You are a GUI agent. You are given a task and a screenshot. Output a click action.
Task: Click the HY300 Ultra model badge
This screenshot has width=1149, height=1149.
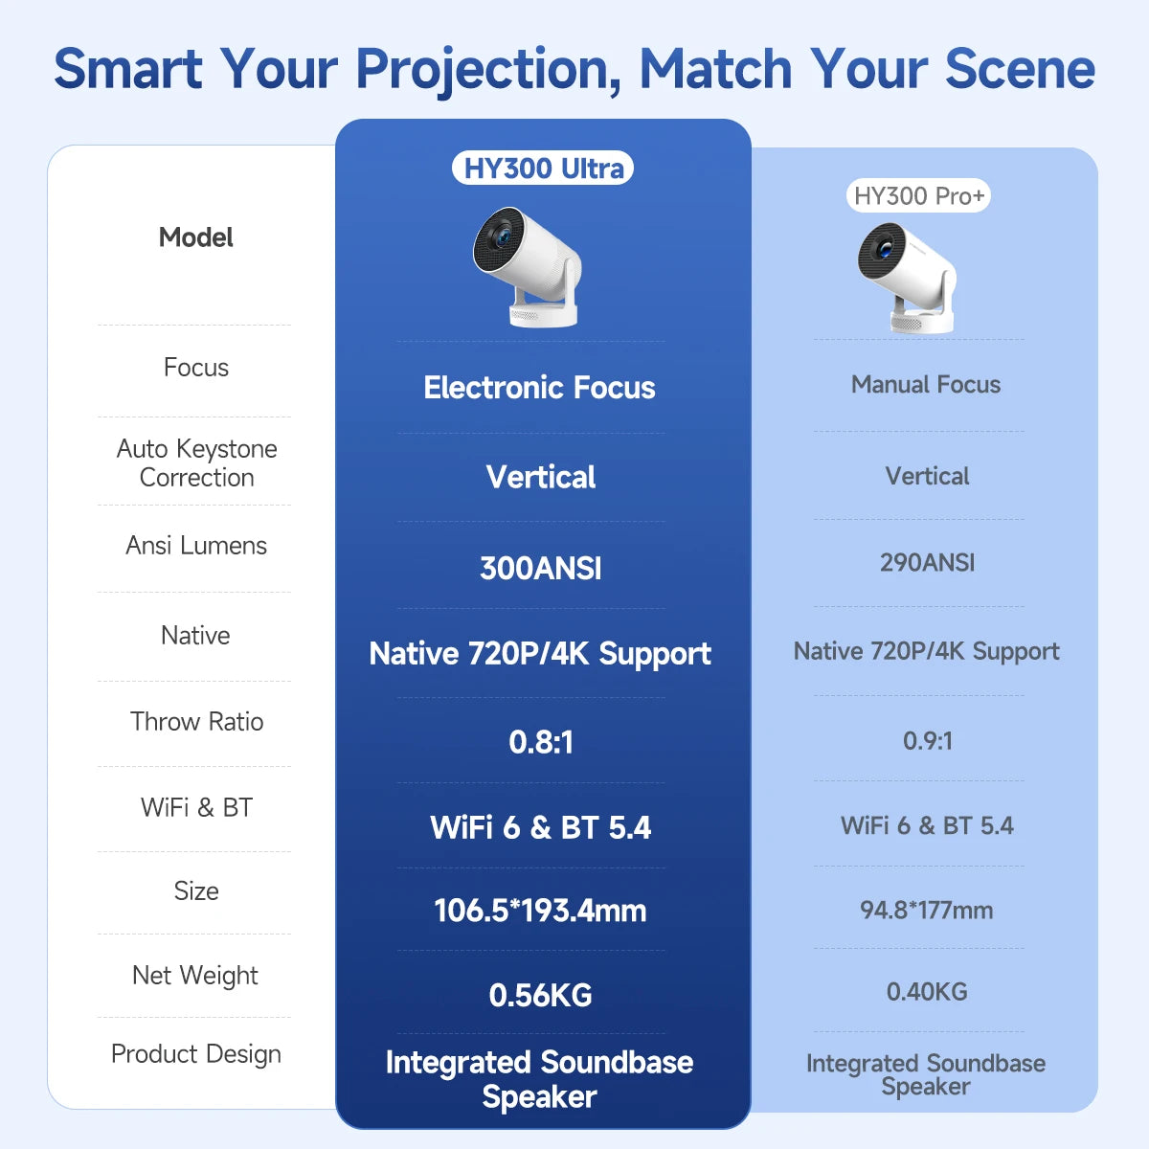543,169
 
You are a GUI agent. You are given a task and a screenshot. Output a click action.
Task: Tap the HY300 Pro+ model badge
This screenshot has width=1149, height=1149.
918,196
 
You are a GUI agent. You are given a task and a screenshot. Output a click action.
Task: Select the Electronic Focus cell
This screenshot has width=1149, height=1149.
539,388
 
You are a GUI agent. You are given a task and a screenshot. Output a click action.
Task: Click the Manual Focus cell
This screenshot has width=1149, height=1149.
926,385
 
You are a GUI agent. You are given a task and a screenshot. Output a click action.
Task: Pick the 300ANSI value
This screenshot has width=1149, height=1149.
541,568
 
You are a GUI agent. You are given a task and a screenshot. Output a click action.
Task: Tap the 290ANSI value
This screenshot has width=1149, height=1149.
927,562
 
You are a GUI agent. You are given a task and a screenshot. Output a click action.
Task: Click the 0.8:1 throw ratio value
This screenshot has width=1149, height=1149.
541,742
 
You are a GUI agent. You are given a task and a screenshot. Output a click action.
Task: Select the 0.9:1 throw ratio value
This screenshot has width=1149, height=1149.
927,740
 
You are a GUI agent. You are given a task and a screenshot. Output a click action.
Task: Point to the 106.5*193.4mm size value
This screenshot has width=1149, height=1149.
540,910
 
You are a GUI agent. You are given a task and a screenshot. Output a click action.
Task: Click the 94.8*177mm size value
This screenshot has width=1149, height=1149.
926,910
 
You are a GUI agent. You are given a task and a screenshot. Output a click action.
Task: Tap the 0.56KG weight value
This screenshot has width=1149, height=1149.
540,995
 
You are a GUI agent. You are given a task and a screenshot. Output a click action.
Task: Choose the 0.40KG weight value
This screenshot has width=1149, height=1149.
927,991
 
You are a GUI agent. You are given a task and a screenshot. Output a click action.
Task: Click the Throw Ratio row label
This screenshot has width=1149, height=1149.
196,722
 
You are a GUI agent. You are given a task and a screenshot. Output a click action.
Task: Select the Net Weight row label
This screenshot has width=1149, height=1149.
195,976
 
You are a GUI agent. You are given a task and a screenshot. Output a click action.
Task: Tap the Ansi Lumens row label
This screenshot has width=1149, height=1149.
196,546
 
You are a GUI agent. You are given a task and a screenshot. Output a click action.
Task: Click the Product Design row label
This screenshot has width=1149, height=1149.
196,1054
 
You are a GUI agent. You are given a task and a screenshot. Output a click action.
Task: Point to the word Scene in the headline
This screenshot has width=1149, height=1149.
1020,69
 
